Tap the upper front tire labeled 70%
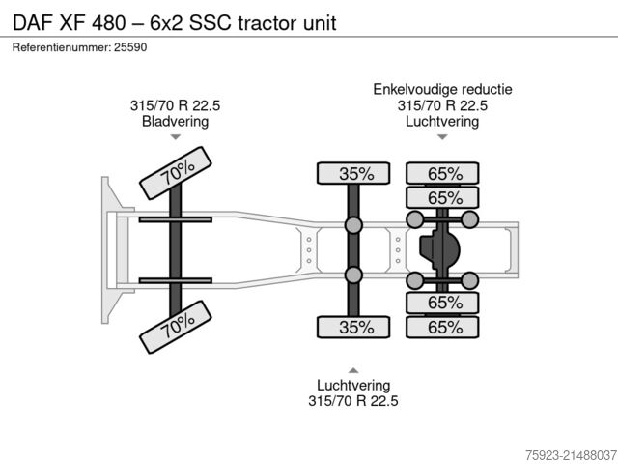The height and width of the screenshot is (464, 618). [177, 173]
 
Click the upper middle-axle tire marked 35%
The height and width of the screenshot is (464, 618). [354, 174]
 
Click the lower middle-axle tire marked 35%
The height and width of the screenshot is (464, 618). [354, 328]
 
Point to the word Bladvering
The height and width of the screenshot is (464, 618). [175, 122]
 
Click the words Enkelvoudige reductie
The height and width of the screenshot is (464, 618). [442, 90]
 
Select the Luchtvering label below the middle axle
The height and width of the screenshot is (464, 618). [353, 385]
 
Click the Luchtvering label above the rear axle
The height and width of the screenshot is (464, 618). [442, 122]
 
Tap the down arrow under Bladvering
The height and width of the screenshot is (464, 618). [176, 138]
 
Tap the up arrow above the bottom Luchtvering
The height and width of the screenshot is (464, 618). [353, 369]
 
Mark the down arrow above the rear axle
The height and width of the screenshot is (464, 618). [442, 138]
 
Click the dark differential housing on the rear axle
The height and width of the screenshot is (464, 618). [440, 251]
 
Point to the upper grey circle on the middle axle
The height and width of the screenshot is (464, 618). [353, 227]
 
